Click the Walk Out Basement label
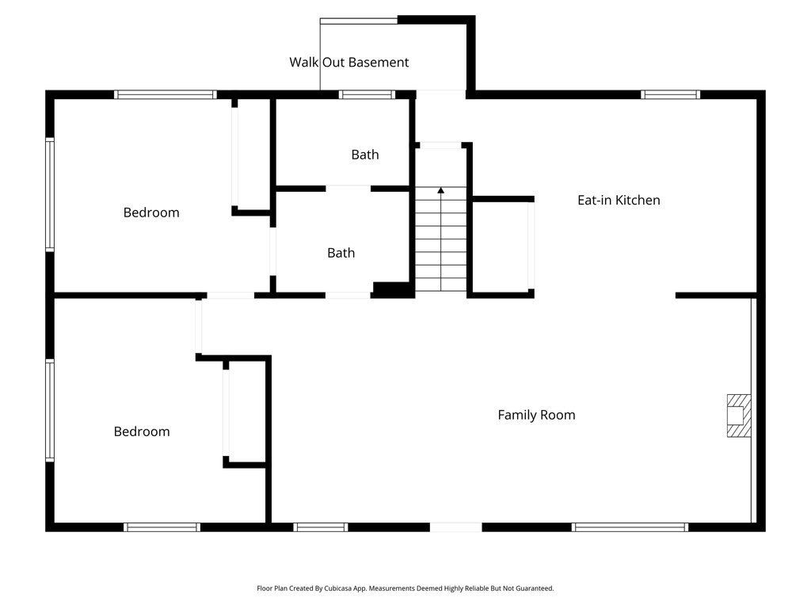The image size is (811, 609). (x=348, y=62)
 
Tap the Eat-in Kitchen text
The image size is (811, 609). (x=618, y=200)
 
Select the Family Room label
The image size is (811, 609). (x=536, y=415)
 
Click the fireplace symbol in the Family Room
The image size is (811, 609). (x=738, y=416)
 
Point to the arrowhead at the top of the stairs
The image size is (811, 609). (x=440, y=191)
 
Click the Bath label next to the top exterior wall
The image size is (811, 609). (x=364, y=155)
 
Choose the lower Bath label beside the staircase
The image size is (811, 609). (x=341, y=253)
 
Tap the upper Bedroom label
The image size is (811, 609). (x=151, y=213)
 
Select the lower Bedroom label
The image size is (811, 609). (x=142, y=431)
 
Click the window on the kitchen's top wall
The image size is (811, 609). (x=671, y=94)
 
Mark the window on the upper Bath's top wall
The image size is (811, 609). (x=367, y=94)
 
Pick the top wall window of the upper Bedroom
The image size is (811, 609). (x=165, y=94)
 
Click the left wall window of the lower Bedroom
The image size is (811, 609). (x=50, y=410)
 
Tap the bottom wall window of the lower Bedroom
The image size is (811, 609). (x=162, y=527)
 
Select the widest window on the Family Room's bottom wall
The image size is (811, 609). (x=630, y=527)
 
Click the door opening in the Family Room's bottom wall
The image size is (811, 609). (x=455, y=527)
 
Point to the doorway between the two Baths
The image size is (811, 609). (x=348, y=188)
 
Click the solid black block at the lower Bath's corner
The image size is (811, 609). (x=393, y=290)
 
